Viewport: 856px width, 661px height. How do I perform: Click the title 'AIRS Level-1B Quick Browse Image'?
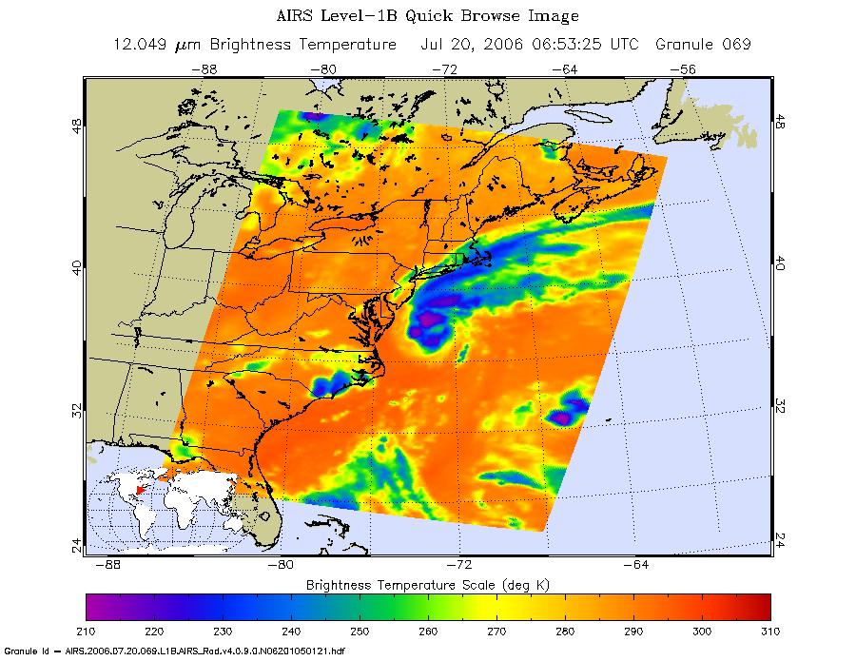coord(426,16)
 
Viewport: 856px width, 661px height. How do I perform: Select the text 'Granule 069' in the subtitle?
coord(702,45)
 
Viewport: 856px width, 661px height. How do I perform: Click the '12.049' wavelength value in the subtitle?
coord(142,45)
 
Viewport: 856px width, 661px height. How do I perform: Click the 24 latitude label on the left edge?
coord(75,543)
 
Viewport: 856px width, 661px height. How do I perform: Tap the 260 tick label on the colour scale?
coord(428,630)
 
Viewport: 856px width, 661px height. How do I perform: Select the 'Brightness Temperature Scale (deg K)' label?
coord(428,582)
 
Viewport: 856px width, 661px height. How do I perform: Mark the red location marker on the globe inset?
coord(139,490)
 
